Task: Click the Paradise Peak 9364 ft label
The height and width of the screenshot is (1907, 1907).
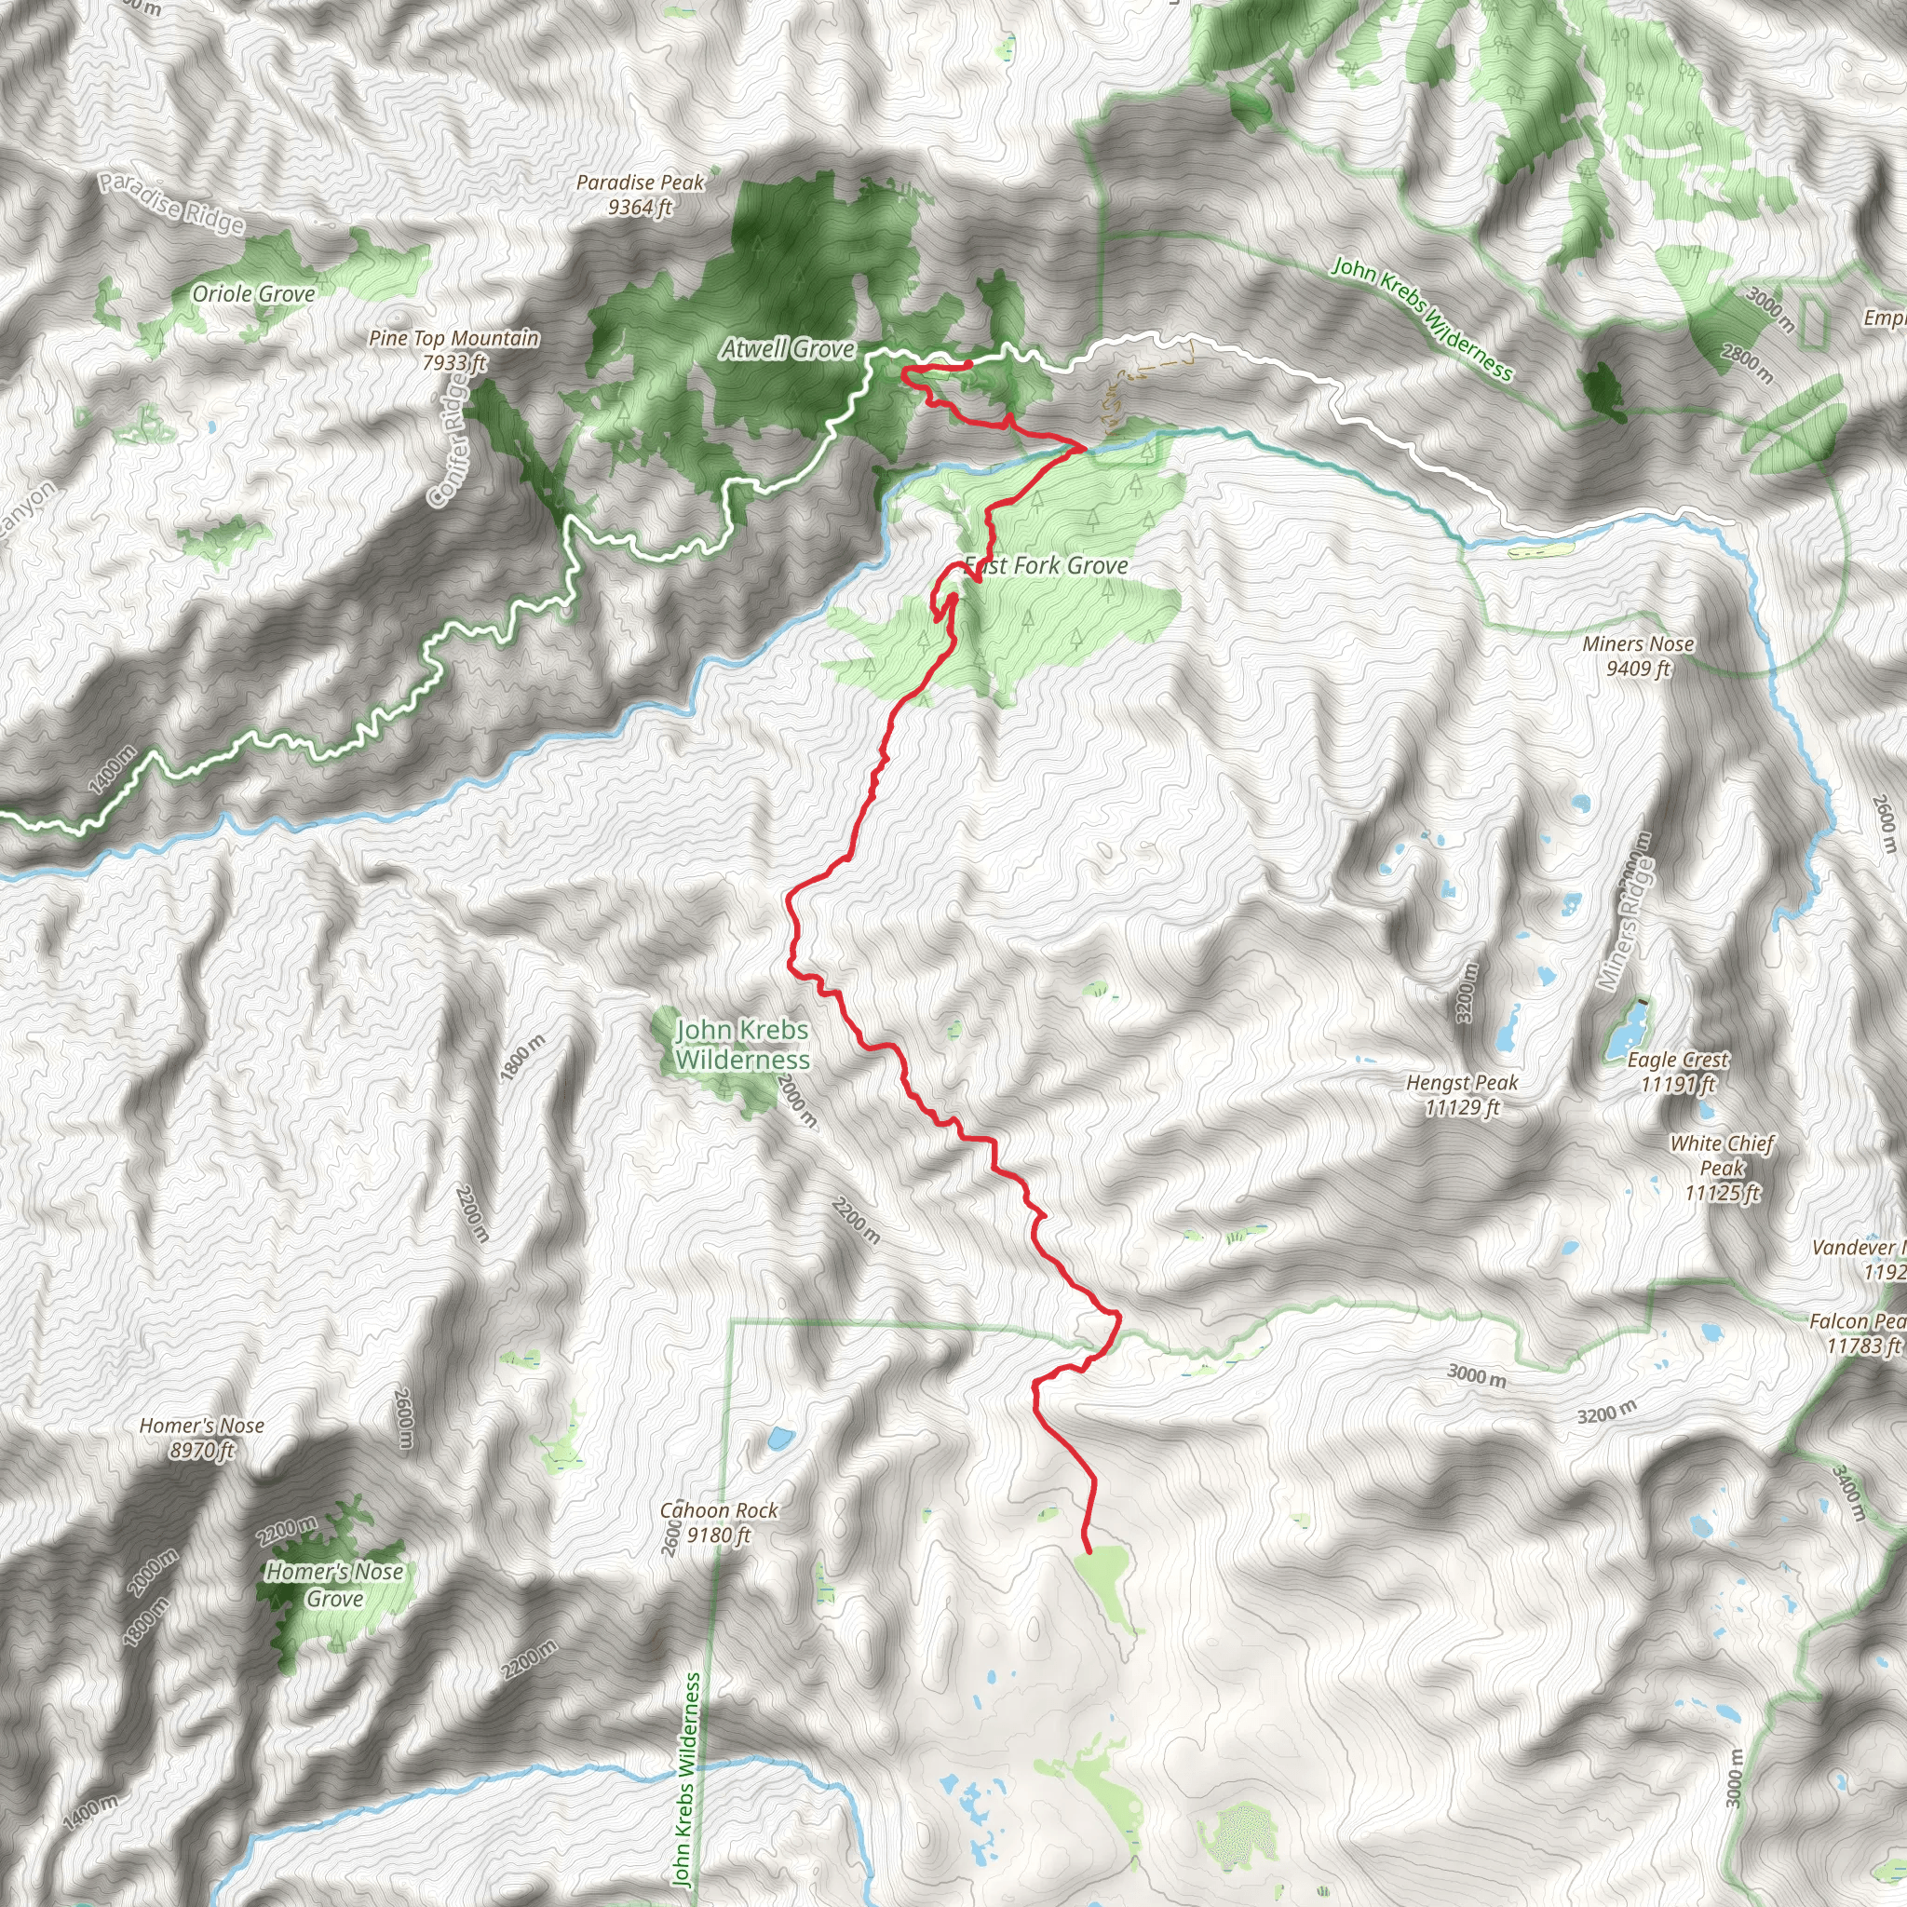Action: [640, 195]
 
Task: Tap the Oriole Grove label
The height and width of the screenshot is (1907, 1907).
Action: [253, 294]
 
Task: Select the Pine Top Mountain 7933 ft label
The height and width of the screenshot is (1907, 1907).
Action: [454, 350]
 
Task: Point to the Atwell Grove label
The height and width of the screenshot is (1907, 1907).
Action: [788, 348]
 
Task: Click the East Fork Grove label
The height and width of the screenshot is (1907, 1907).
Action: [1047, 565]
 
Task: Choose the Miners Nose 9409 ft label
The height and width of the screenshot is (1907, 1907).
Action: [1639, 656]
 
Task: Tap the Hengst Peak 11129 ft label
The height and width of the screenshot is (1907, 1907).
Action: [1462, 1095]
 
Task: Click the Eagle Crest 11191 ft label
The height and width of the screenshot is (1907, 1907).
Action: [1678, 1072]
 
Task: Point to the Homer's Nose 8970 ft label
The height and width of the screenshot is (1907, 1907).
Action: [201, 1437]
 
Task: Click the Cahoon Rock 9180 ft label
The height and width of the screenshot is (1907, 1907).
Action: [719, 1522]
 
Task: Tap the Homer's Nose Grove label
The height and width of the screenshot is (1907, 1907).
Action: [334, 1584]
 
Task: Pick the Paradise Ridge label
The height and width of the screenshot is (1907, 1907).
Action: [170, 202]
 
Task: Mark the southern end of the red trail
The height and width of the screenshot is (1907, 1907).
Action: [1088, 1550]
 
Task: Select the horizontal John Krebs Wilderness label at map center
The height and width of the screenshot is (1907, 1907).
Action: [742, 1045]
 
